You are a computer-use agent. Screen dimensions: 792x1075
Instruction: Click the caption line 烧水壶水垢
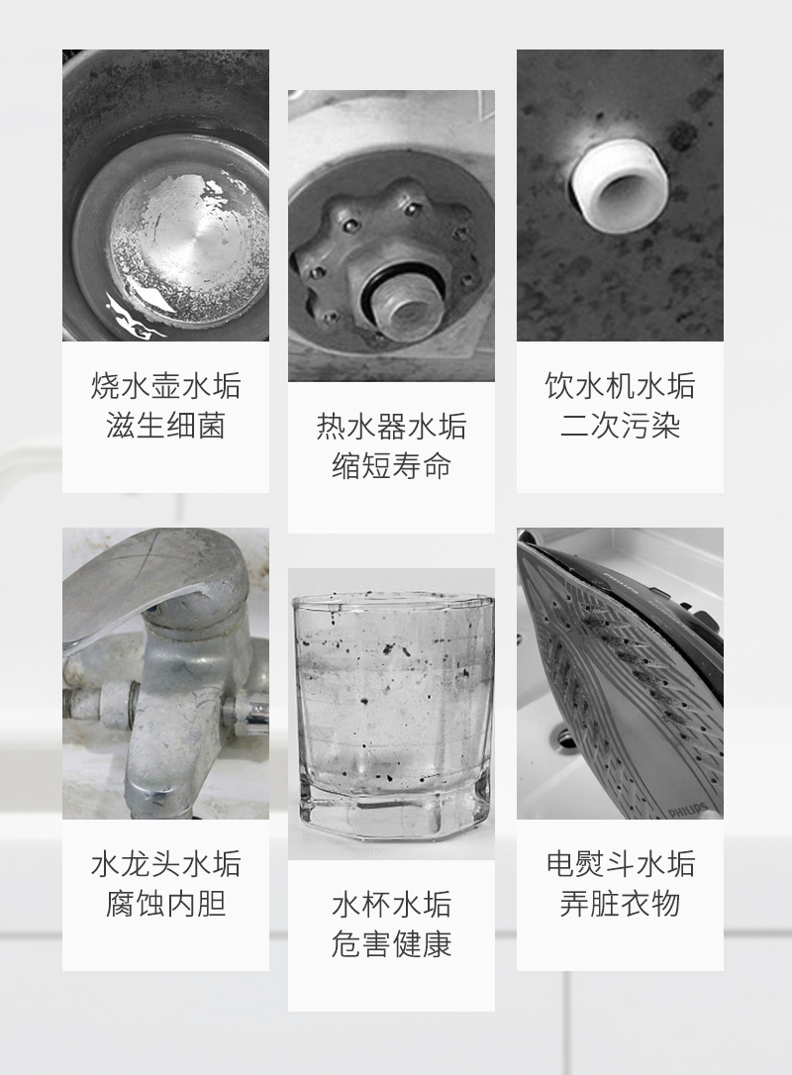(x=166, y=386)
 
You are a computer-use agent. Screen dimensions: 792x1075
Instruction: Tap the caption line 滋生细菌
(x=166, y=426)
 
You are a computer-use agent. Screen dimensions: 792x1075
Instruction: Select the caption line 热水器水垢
(x=391, y=427)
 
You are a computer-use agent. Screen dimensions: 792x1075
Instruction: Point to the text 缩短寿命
(x=391, y=466)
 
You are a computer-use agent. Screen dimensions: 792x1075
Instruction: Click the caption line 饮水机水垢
(x=620, y=386)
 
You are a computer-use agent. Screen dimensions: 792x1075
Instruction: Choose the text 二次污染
(x=620, y=426)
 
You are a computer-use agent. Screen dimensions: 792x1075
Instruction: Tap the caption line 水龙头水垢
(x=166, y=864)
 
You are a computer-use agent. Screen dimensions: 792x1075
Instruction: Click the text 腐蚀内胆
(x=166, y=904)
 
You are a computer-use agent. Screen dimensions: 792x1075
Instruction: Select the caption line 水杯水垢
(x=391, y=905)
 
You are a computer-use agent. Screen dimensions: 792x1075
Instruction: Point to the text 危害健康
(x=391, y=944)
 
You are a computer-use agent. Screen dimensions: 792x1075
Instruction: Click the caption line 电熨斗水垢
(x=620, y=864)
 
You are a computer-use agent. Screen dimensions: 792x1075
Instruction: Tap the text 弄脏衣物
(x=620, y=904)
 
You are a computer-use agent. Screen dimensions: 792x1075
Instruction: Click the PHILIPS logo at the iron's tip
(x=688, y=810)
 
